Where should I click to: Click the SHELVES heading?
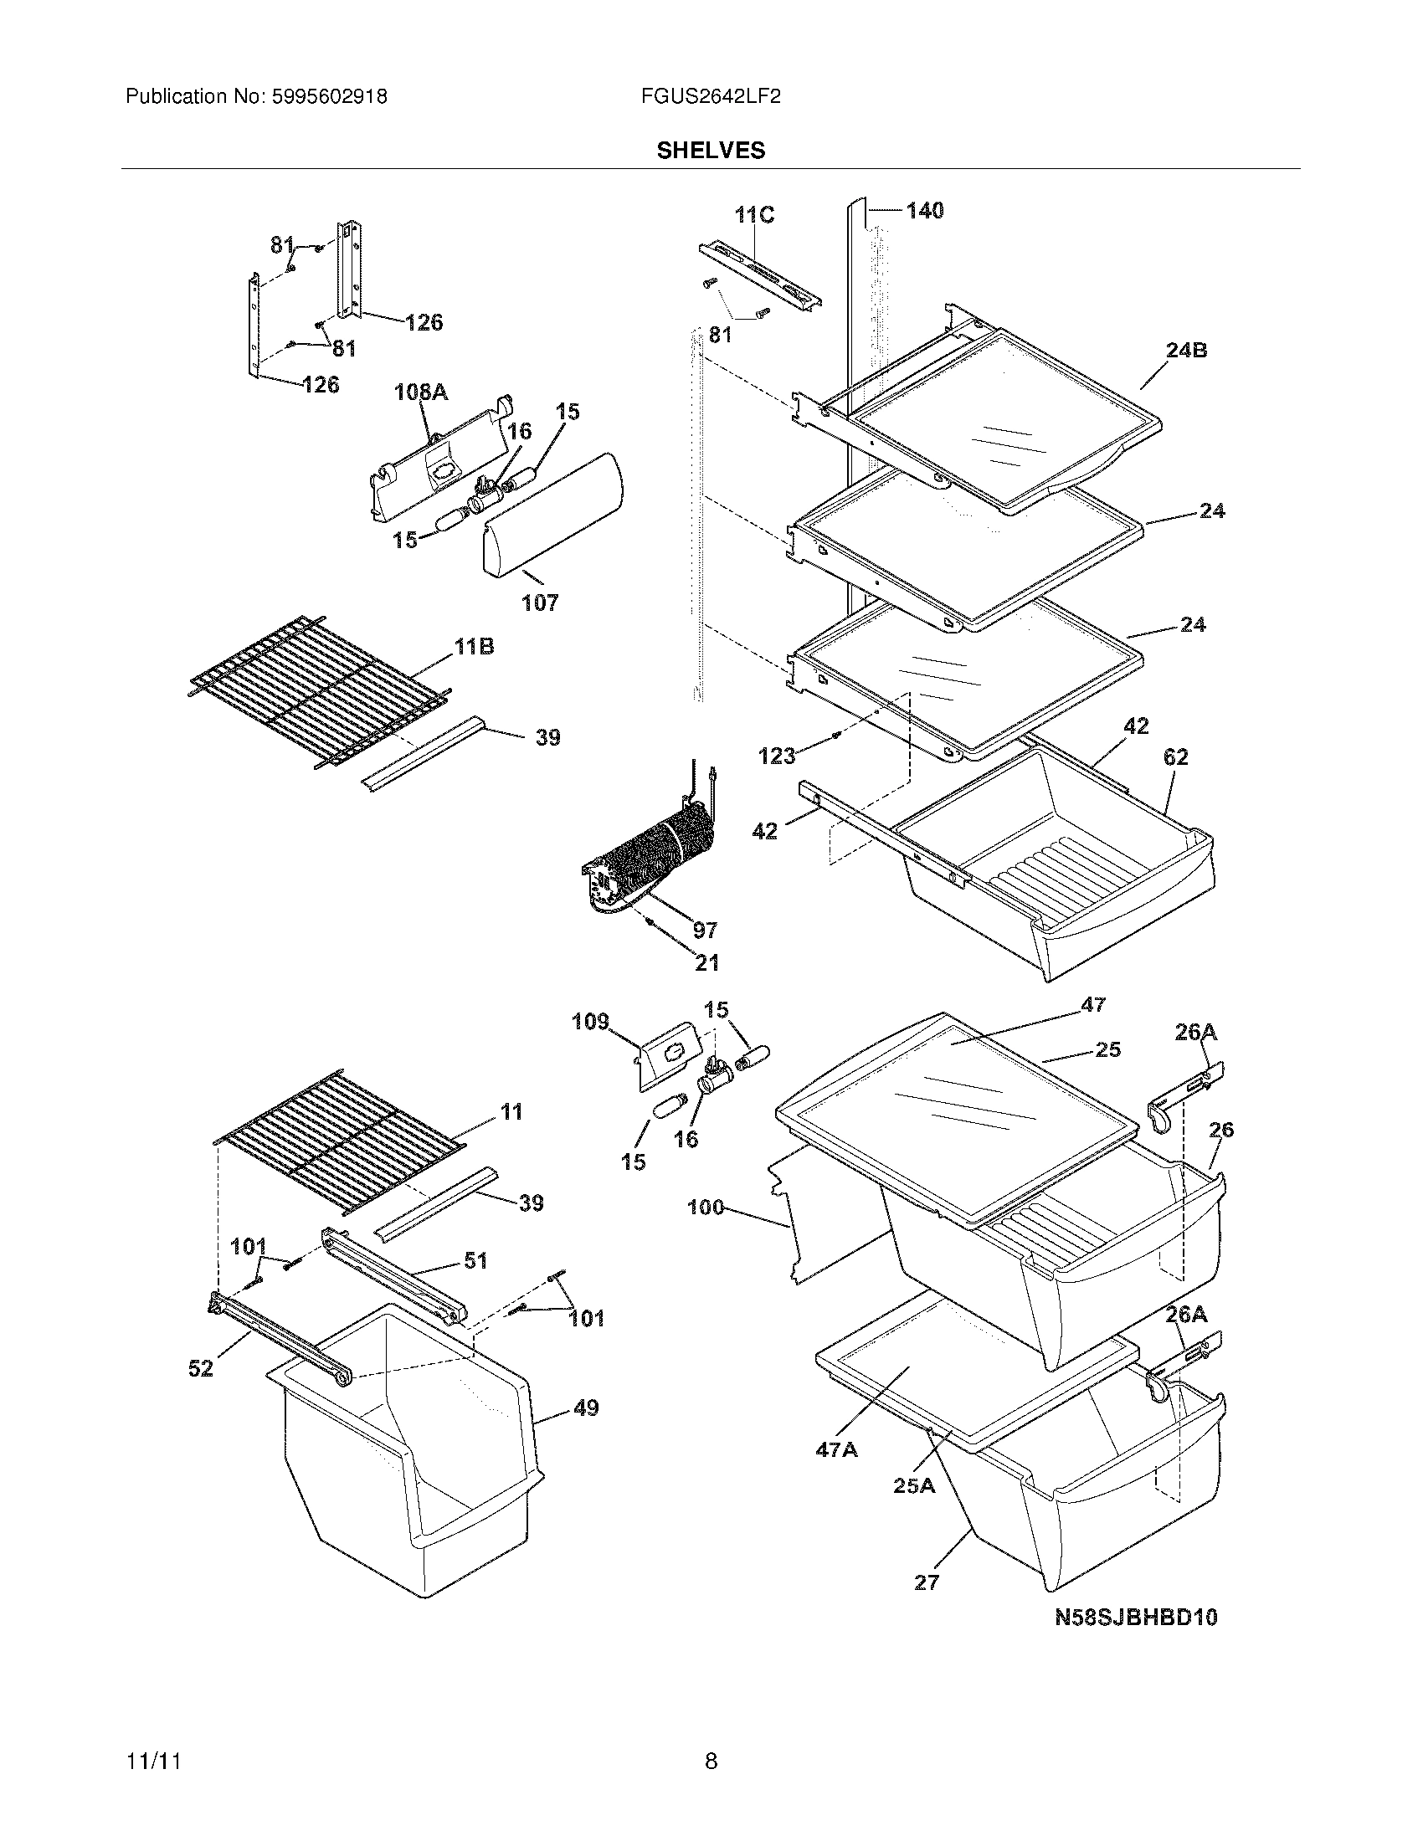coord(711,150)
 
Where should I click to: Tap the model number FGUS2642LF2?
coord(710,97)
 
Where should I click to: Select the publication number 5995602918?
coord(329,97)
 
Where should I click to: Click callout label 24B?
coord(1186,350)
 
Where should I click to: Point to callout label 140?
coord(925,210)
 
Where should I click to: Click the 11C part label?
coord(753,215)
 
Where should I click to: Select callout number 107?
coord(540,603)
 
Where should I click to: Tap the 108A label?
coord(422,392)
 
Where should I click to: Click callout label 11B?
coord(474,647)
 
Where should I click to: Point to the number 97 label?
coord(705,930)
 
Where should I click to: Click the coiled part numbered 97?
coord(658,851)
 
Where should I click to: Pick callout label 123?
coord(777,756)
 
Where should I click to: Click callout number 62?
coord(1175,757)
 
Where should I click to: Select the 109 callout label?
coord(590,1022)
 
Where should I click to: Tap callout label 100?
coord(706,1207)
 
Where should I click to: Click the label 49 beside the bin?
coord(586,1408)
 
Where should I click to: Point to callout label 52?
coord(201,1369)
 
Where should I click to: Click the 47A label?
coord(836,1450)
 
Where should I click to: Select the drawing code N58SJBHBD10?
coord(1137,1617)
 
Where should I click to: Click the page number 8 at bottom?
coord(711,1761)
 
